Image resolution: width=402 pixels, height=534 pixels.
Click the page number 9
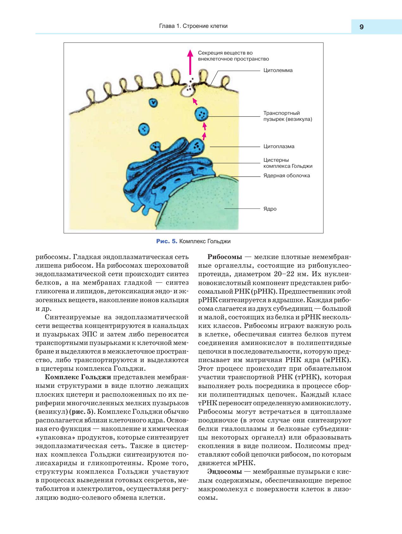[361, 27]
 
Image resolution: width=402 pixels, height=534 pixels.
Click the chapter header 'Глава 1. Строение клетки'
[193, 26]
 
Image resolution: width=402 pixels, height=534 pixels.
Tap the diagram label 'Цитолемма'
[278, 70]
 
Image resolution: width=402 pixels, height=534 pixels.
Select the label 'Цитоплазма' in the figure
[279, 147]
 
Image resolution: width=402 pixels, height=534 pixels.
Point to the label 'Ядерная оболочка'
[286, 176]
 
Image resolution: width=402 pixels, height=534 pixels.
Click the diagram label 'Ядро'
[270, 209]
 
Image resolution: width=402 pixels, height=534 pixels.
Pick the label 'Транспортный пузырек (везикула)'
[287, 116]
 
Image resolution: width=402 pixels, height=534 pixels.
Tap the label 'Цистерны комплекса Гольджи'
[287, 163]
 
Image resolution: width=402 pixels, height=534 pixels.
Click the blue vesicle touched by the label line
[202, 114]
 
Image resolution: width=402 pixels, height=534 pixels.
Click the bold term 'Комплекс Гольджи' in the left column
[78, 377]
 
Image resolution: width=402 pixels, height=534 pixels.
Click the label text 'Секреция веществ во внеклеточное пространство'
[233, 56]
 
